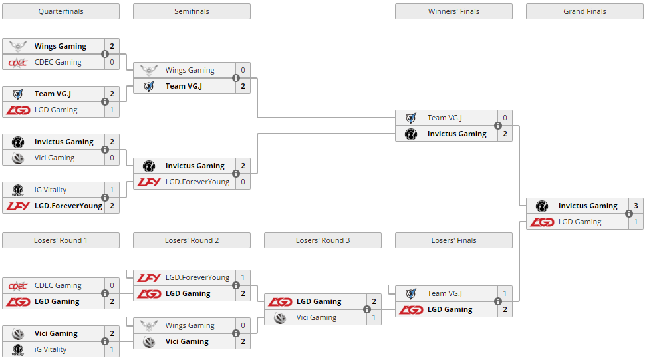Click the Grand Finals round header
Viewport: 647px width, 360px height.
tap(584, 11)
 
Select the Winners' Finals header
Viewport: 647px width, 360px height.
tap(453, 11)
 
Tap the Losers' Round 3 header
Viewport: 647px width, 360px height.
tap(323, 240)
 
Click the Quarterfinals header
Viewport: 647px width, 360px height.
tap(61, 11)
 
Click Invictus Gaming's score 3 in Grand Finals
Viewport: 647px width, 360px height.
tap(635, 206)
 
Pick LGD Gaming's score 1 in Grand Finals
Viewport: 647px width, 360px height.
tap(635, 222)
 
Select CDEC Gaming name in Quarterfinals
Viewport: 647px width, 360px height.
tap(58, 62)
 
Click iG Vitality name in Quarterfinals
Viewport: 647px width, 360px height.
tap(51, 190)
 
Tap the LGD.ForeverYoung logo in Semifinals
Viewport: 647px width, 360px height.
tap(149, 182)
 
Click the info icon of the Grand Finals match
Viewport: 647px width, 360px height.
tap(628, 214)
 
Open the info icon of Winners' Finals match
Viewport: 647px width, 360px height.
tap(497, 126)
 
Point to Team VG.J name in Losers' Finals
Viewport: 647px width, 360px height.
tap(444, 293)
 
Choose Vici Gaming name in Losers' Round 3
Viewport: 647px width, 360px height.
tap(317, 317)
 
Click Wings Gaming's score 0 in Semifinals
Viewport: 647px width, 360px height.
tap(243, 70)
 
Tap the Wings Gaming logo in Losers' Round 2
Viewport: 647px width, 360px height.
tap(149, 325)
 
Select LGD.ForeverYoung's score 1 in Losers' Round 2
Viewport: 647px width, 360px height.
tap(243, 277)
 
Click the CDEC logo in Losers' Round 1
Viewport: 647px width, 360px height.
tap(18, 285)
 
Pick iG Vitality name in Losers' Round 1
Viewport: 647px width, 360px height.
tap(51, 349)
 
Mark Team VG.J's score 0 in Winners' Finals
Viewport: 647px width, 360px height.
tap(505, 118)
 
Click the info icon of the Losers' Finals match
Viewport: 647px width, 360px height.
tap(497, 301)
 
